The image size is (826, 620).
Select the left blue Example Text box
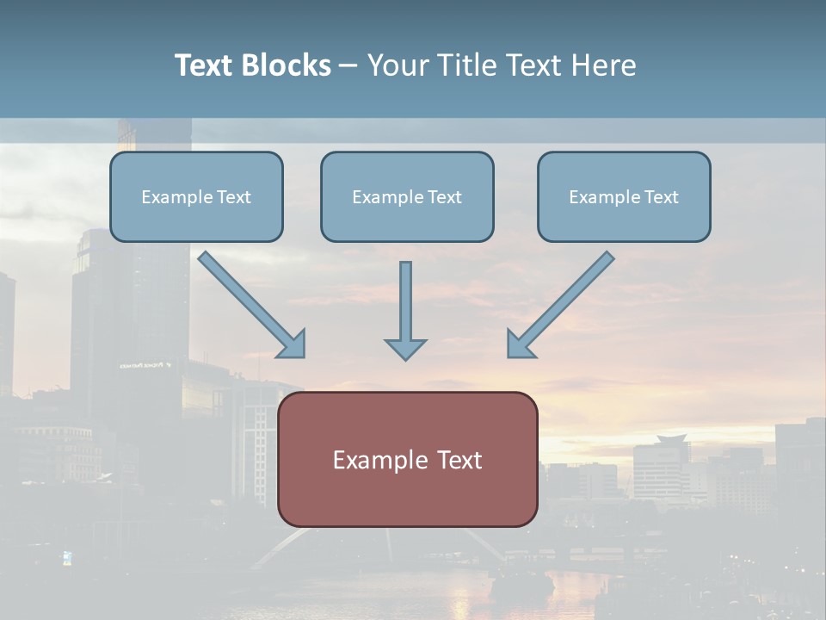tap(196, 196)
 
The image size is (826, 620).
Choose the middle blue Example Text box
tap(407, 196)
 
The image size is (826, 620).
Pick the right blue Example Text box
tap(624, 196)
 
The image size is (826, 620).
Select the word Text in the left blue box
tap(233, 197)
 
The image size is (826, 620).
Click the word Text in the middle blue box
tap(444, 197)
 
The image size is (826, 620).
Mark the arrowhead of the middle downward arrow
tap(405, 349)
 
